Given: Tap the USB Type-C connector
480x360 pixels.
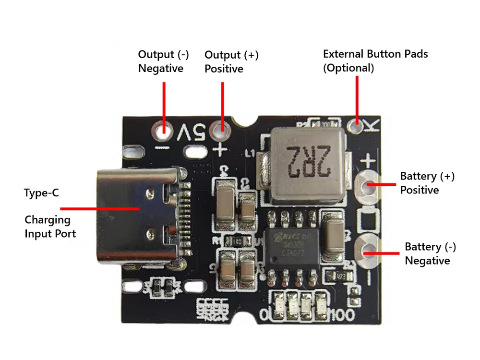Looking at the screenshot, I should [139, 216].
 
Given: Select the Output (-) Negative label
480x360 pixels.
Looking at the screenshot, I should [161, 61].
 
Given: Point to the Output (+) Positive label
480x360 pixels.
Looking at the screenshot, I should [231, 61].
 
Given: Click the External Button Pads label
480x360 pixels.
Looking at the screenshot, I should [375, 60].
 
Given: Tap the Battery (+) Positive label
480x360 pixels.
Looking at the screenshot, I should [427, 183].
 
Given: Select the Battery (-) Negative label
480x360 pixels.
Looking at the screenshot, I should [430, 253].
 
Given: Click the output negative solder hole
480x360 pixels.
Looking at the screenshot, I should [163, 129].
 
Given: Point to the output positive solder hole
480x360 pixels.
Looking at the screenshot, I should [222, 129].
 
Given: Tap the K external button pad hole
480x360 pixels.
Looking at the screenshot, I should [357, 126].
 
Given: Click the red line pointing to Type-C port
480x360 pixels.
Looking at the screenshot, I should [100, 209].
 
